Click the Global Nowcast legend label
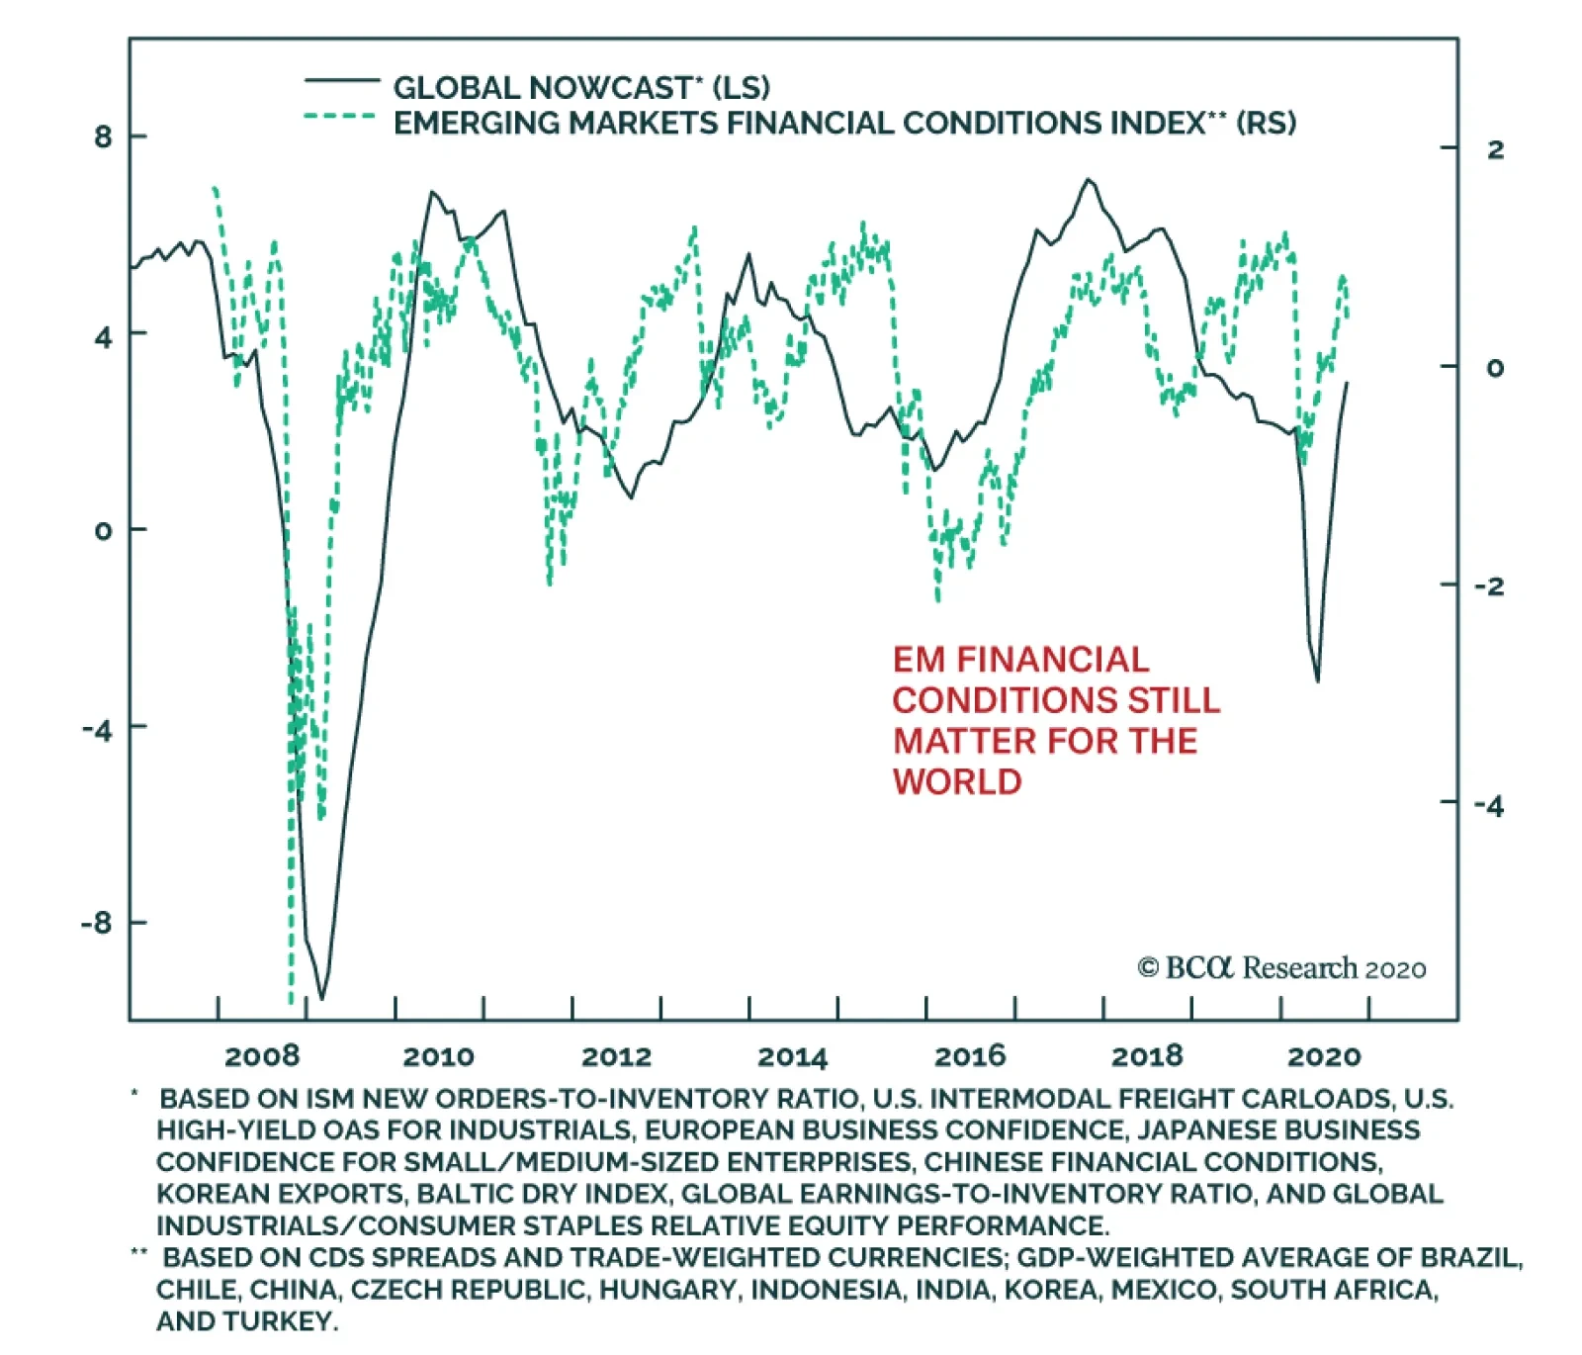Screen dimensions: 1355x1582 [x=580, y=88]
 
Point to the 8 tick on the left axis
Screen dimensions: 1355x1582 [x=104, y=136]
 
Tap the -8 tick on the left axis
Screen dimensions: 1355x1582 [x=97, y=923]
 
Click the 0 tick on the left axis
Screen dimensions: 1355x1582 [x=104, y=530]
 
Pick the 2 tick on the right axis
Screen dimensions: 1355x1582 [x=1495, y=149]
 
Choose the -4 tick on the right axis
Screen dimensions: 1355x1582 [x=1489, y=806]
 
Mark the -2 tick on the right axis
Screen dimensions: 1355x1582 [x=1489, y=587]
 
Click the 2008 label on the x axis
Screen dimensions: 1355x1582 [x=262, y=1056]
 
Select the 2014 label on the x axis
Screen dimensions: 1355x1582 [x=793, y=1057]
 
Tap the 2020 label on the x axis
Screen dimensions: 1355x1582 [x=1324, y=1057]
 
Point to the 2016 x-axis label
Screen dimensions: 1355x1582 [x=970, y=1056]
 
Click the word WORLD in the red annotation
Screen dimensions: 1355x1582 [x=957, y=782]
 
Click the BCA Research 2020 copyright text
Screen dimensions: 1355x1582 [x=1281, y=968]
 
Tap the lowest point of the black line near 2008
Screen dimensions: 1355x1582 [x=321, y=999]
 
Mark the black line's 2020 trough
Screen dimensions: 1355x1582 [x=1317, y=680]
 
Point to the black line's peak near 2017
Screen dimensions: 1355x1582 [x=1088, y=179]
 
